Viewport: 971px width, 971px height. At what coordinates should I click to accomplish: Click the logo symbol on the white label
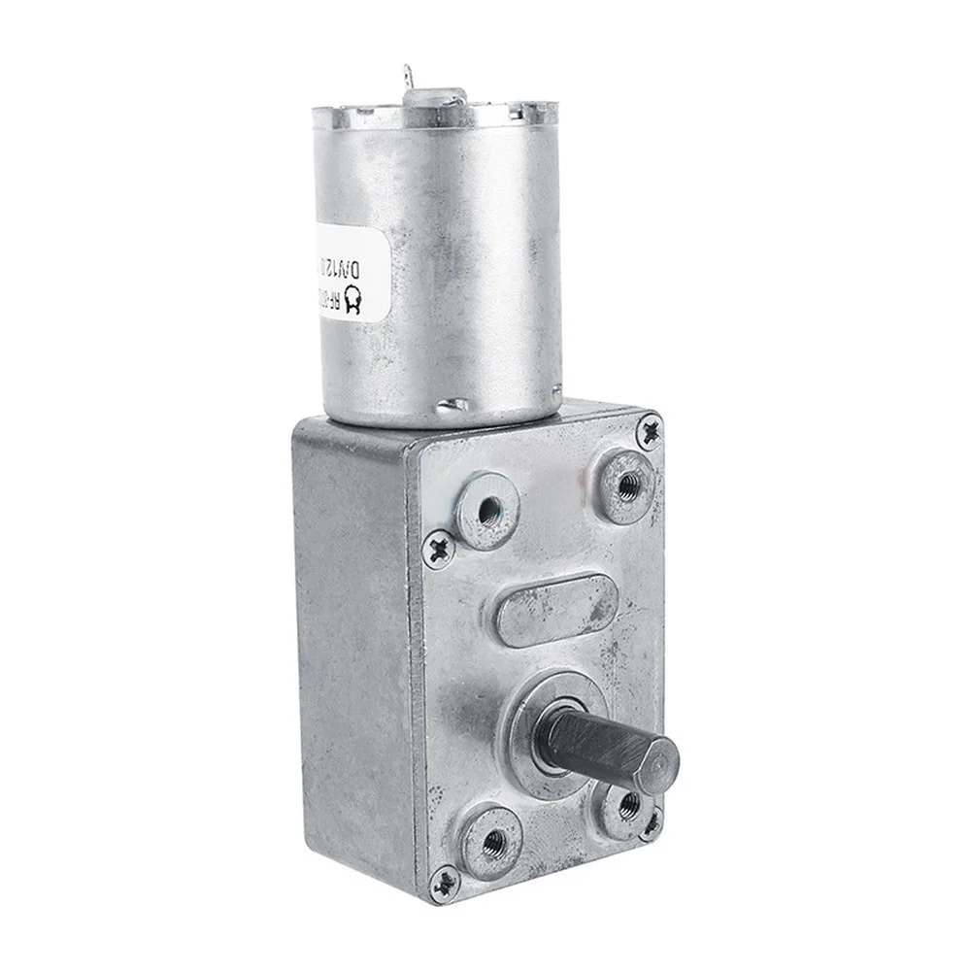353,303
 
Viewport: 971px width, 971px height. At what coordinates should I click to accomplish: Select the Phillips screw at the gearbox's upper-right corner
649,428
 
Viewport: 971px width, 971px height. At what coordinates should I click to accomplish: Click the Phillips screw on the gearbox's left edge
440,549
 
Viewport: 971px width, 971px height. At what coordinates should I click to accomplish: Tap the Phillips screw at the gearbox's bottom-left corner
446,882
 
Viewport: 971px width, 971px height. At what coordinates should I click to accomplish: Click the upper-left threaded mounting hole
488,508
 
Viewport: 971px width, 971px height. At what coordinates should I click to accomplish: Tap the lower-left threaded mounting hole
492,841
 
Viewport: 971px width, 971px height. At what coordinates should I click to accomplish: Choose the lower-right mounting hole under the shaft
626,805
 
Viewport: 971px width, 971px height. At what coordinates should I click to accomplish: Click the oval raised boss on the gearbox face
555,610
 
